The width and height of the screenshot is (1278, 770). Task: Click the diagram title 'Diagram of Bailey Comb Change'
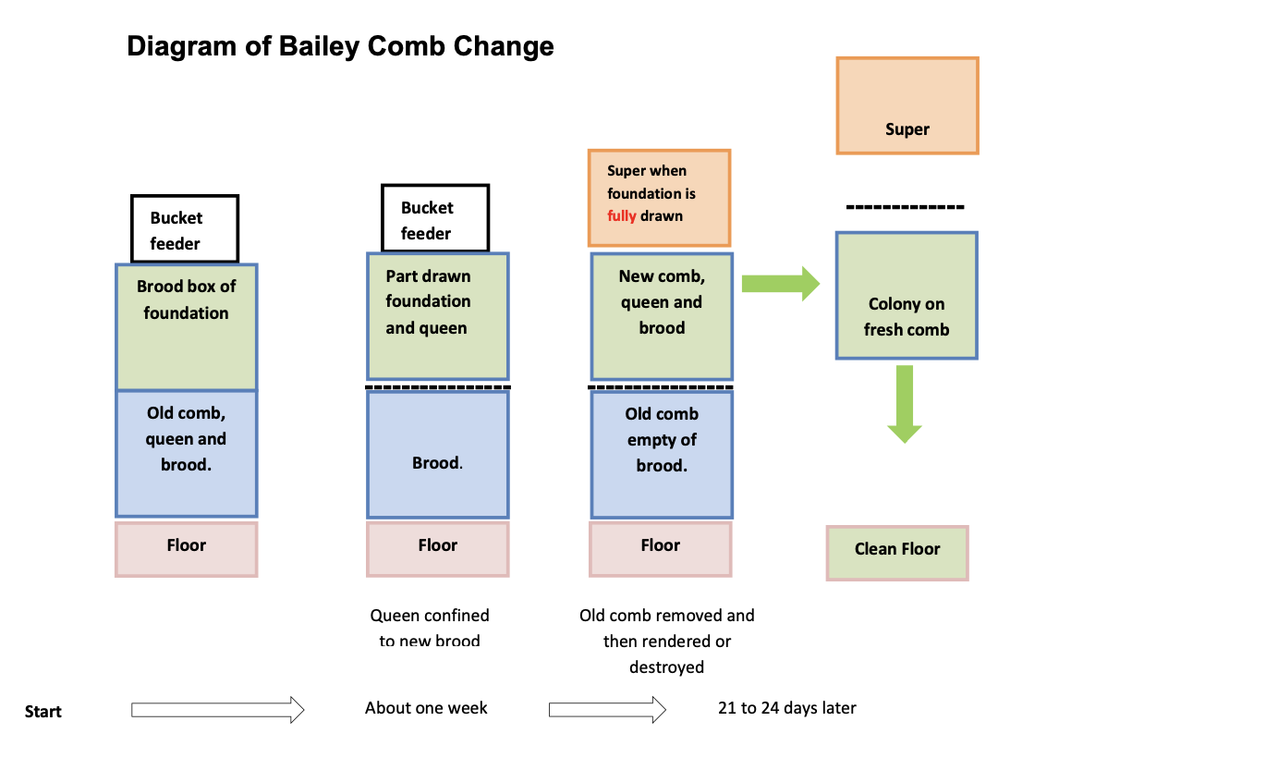coord(340,47)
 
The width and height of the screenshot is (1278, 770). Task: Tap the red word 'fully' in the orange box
coord(621,216)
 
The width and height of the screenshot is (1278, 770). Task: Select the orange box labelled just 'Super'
coord(907,105)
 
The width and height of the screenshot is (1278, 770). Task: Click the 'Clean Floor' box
coord(897,553)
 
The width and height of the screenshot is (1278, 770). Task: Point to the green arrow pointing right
coord(781,284)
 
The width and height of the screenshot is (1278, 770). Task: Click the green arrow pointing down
coord(905,404)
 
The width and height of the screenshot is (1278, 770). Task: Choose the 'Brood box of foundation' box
coord(186,327)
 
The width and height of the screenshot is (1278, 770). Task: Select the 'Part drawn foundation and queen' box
coord(438,316)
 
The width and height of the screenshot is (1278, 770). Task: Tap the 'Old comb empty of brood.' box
coord(662,455)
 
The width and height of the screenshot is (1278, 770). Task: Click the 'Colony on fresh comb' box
coord(907,295)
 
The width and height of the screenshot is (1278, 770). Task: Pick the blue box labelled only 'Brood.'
coord(438,455)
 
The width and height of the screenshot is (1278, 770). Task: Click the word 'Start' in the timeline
coord(43,712)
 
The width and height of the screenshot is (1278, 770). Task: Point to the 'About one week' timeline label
coord(426,708)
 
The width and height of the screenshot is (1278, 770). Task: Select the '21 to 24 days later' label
coord(786,708)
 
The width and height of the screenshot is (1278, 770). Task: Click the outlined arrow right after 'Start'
coord(217,710)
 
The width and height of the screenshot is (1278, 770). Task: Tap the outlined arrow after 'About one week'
coord(607,710)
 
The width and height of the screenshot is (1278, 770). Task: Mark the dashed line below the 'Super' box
coord(905,207)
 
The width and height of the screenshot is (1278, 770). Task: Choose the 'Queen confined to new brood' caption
coord(430,628)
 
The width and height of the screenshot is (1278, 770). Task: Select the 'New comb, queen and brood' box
coord(662,316)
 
